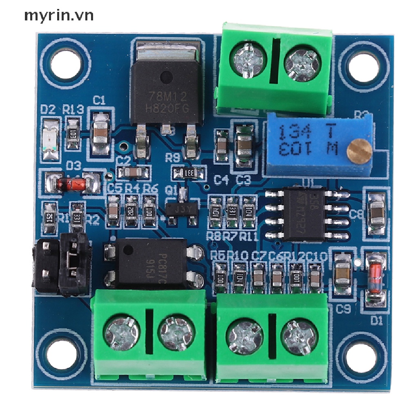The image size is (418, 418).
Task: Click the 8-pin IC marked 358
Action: pos(304,214)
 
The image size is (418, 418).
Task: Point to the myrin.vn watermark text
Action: pos(59,16)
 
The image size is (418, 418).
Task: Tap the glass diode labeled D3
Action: pos(73,183)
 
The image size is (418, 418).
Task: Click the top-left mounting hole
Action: pos(67,63)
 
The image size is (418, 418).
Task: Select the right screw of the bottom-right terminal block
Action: pos(300,337)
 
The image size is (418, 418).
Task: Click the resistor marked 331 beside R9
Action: pos(188,173)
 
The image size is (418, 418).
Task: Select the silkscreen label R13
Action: pos(73,109)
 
